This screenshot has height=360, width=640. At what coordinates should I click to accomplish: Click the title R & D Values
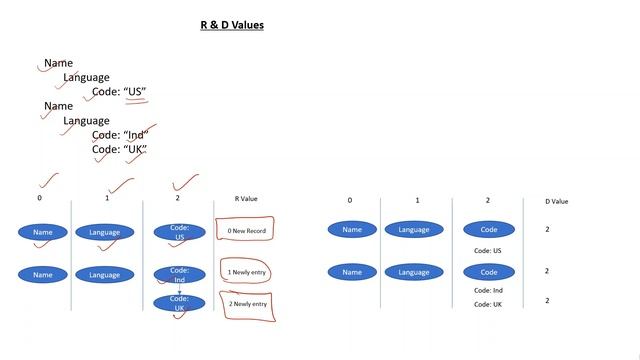pyautogui.click(x=232, y=24)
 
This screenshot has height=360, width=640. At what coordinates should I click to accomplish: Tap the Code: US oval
pyautogui.click(x=179, y=232)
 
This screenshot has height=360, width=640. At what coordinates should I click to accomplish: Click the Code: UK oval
pyautogui.click(x=179, y=304)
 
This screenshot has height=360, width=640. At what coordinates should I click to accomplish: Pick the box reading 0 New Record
pyautogui.click(x=245, y=231)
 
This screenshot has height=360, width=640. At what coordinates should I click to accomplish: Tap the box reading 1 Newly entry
pyautogui.click(x=246, y=273)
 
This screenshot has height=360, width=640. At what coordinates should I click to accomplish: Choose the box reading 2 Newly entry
pyautogui.click(x=246, y=304)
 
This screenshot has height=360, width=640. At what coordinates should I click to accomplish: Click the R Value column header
pyautogui.click(x=246, y=199)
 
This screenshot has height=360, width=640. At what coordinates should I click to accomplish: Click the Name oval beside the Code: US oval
pyautogui.click(x=42, y=232)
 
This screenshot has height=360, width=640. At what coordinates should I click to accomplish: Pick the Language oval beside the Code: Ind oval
pyautogui.click(x=104, y=275)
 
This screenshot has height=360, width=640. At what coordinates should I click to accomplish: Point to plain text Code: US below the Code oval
pyautogui.click(x=488, y=251)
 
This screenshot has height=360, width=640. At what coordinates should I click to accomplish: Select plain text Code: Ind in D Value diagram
pyautogui.click(x=488, y=290)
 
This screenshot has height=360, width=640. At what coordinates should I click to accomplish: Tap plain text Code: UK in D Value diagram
pyautogui.click(x=488, y=304)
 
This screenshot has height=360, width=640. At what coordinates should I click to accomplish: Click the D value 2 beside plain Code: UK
pyautogui.click(x=547, y=300)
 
